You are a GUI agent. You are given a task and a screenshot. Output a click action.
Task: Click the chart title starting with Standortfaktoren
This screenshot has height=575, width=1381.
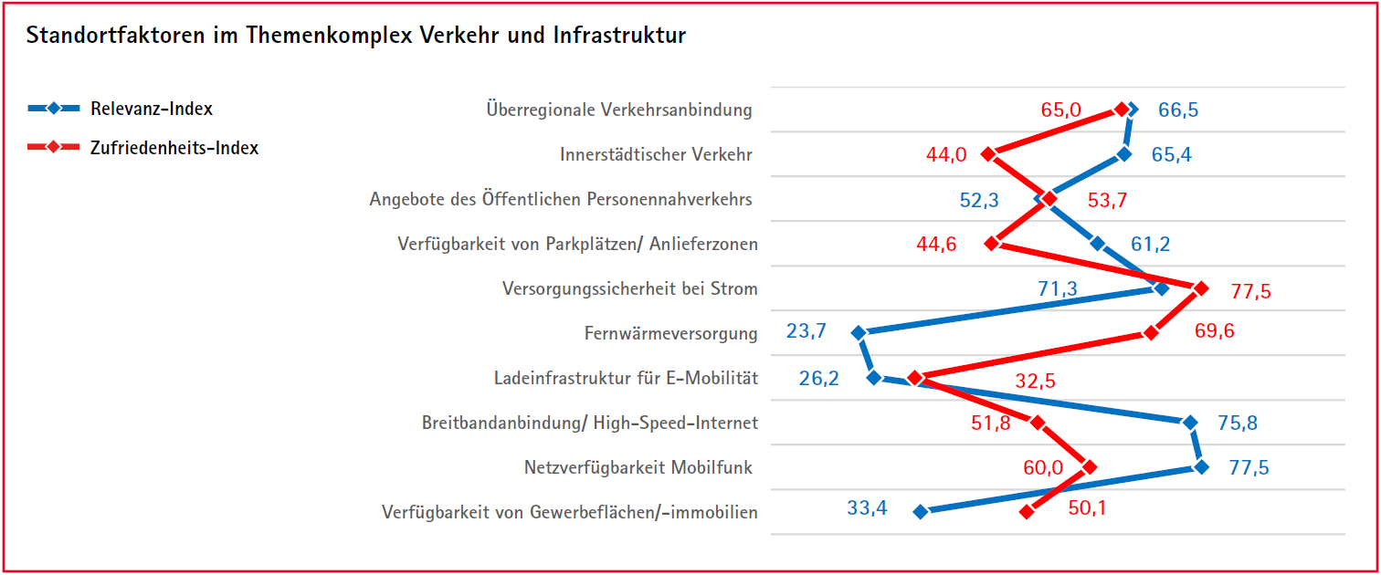tap(356, 36)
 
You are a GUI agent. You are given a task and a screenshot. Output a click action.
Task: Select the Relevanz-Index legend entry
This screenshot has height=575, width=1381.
tap(151, 109)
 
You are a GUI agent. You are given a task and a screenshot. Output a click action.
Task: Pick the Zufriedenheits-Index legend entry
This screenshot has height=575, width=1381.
tap(174, 148)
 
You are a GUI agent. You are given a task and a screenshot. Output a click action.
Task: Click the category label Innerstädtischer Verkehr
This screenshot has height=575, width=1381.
tap(656, 154)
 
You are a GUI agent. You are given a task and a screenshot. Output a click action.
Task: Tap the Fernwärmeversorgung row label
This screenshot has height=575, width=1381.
tap(670, 333)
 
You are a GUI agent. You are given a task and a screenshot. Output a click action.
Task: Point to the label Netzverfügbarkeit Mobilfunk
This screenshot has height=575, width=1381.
tap(638, 467)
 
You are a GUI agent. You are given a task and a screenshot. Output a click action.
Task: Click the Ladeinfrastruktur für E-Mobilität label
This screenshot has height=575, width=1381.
tap(626, 378)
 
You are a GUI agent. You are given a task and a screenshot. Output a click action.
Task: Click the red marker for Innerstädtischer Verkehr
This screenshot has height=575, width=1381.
tap(987, 154)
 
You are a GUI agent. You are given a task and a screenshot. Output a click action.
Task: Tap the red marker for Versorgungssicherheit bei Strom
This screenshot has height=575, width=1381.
tap(1201, 288)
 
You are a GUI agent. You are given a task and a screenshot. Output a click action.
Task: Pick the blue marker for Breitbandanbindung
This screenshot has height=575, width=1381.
tap(1189, 423)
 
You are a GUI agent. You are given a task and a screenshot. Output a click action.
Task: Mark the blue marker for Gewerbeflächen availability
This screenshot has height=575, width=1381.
tap(921, 512)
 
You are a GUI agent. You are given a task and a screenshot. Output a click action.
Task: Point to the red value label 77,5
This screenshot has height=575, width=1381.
tap(1250, 292)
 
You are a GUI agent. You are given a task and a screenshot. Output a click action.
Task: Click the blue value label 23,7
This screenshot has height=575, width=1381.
tap(806, 331)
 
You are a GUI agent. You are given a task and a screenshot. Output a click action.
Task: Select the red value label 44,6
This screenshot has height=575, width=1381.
tap(936, 244)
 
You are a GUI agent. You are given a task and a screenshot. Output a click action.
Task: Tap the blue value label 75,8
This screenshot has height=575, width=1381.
tap(1238, 423)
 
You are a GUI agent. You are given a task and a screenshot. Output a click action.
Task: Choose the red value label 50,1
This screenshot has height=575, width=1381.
tap(1087, 508)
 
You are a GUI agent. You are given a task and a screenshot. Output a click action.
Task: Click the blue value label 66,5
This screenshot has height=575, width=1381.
tap(1178, 110)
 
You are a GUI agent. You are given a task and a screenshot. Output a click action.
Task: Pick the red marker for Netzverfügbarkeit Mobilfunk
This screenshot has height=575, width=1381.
tap(1088, 467)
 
